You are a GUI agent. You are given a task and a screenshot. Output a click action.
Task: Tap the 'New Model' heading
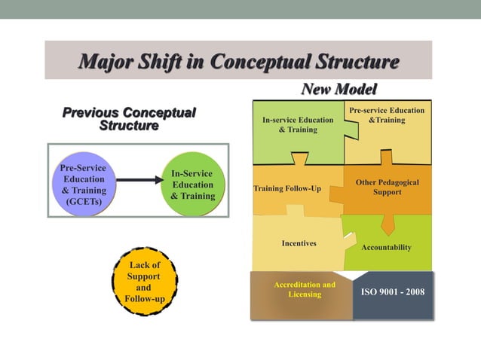click(339, 89)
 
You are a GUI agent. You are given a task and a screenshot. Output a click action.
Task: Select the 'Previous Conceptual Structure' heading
click(129, 119)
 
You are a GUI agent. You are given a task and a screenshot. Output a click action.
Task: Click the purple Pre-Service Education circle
click(84, 185)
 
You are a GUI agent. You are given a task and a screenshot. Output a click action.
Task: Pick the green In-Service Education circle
click(192, 185)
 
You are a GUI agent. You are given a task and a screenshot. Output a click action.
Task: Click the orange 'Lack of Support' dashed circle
click(144, 282)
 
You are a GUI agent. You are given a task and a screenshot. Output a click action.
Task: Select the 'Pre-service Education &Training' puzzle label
click(387, 115)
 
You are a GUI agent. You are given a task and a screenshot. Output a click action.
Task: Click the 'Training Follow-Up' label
click(287, 188)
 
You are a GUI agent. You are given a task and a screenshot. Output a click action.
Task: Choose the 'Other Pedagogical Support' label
click(387, 187)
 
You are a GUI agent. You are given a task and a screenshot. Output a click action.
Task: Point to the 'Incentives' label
click(299, 243)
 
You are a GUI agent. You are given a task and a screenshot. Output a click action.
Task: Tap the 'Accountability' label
click(387, 247)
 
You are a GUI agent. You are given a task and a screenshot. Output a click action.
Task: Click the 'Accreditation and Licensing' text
click(305, 289)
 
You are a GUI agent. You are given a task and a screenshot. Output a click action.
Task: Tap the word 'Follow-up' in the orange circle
click(144, 299)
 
